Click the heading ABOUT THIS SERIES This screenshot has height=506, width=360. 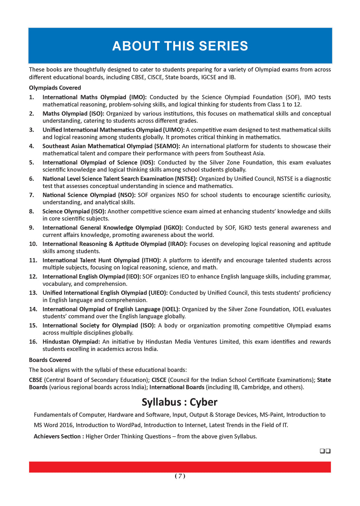(180, 46)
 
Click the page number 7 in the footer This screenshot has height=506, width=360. (180, 476)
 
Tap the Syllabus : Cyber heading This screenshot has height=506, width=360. (180, 402)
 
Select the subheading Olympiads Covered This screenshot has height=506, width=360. (55, 88)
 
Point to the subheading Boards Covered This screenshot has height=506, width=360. (50, 360)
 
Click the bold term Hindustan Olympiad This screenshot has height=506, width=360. (71, 342)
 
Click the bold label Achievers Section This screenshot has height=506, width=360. (58, 436)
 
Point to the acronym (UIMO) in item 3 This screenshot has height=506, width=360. (174, 130)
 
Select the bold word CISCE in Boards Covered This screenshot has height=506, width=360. (159, 380)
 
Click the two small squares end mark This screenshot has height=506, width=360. (325, 451)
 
